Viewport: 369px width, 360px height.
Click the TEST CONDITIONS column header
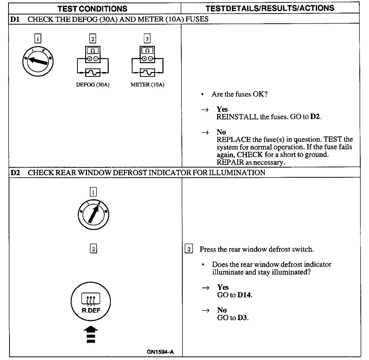93,9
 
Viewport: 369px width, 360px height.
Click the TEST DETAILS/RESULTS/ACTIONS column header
270,8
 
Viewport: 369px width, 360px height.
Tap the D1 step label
15,19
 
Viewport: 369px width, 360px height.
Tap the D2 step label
15,173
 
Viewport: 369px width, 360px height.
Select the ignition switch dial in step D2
93,215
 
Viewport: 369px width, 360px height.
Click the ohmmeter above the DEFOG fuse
93,55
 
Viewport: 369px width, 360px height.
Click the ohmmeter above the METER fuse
147,55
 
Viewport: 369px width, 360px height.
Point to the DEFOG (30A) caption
93,85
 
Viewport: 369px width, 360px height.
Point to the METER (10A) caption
147,85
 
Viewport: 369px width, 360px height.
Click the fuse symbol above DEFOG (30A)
93,73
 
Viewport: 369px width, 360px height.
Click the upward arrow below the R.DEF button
91,335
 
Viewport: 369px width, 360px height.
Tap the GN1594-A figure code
160,352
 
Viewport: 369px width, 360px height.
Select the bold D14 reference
245,295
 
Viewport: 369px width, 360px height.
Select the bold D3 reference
243,318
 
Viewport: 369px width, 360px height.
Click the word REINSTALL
237,117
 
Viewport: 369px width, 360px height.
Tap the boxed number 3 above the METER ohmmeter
147,39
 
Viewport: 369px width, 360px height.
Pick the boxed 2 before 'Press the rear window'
189,249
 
